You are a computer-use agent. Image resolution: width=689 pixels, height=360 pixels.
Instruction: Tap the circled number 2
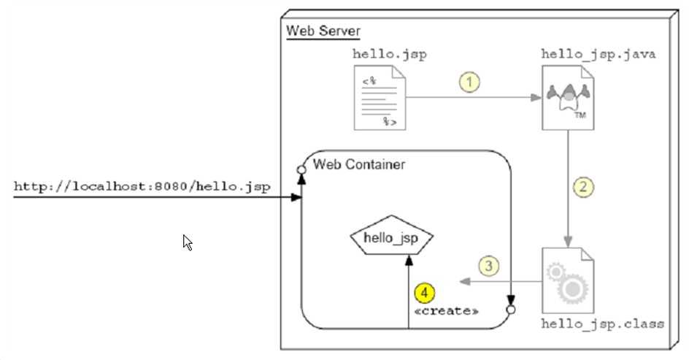582,186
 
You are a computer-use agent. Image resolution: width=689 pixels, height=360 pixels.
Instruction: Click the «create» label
446,312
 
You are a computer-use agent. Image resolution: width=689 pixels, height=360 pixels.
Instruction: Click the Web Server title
323,31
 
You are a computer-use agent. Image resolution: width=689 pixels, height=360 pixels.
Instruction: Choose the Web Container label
359,164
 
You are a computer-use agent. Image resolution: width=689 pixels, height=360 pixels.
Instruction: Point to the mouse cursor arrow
187,242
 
